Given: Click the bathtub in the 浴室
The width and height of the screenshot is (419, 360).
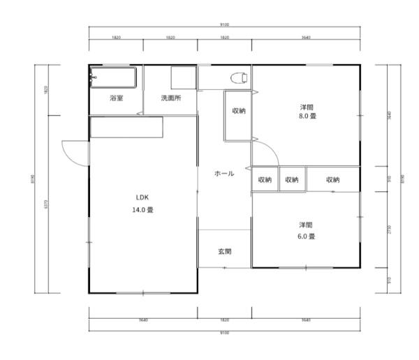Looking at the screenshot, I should point(115,77).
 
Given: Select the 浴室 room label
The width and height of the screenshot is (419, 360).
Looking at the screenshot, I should point(116,98).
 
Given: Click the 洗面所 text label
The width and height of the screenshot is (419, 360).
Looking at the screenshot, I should point(171,98).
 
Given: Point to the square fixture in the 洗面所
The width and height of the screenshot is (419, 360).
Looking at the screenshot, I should point(184,77).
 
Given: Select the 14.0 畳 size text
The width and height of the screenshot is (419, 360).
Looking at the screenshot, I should point(145,209).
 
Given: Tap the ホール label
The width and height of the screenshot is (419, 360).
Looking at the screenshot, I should point(223,173).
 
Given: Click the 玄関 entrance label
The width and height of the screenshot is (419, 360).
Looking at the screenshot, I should point(224,251).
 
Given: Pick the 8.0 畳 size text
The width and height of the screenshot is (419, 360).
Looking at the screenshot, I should point(307,117).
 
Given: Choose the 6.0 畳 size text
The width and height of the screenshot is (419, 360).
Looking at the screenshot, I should point(307,236).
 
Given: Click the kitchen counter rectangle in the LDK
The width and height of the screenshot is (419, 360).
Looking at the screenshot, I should point(126,127).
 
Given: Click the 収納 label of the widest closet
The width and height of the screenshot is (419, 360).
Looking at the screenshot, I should point(332,179).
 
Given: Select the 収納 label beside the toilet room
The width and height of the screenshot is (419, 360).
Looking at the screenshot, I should point(238,111).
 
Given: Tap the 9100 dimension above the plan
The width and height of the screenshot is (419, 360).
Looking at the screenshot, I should point(224,26).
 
